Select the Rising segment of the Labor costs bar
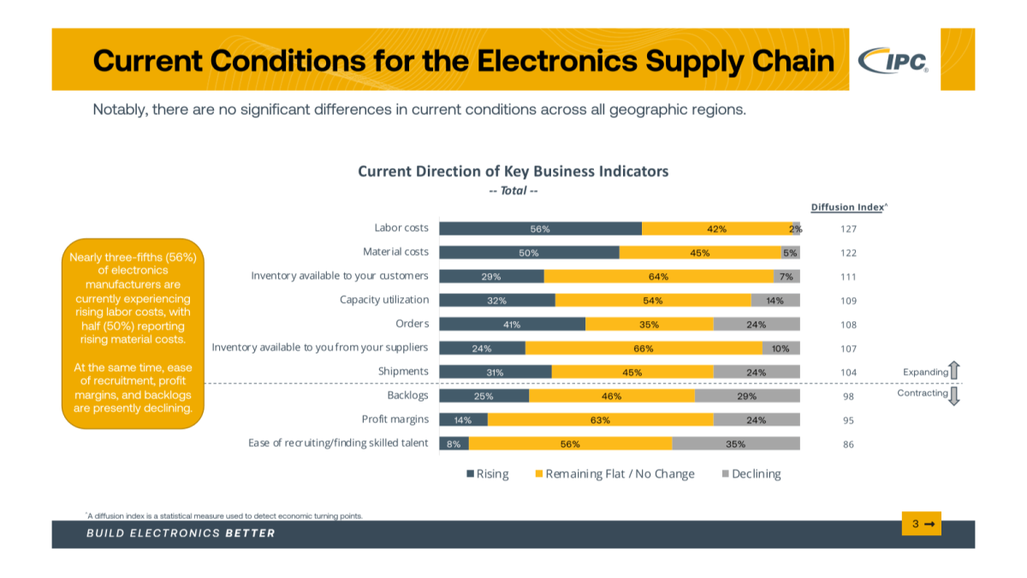540,229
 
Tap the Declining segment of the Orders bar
757,325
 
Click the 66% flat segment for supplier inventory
644,349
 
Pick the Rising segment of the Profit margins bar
463,420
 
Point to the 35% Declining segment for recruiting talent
736,444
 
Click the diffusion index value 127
848,229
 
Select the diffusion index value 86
848,444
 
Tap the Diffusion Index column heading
846,207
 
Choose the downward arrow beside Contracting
955,396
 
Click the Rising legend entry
487,474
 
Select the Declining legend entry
751,474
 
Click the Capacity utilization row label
384,300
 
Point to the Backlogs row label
407,396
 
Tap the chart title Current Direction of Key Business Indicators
513,171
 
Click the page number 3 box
921,523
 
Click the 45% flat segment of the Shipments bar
632,372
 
